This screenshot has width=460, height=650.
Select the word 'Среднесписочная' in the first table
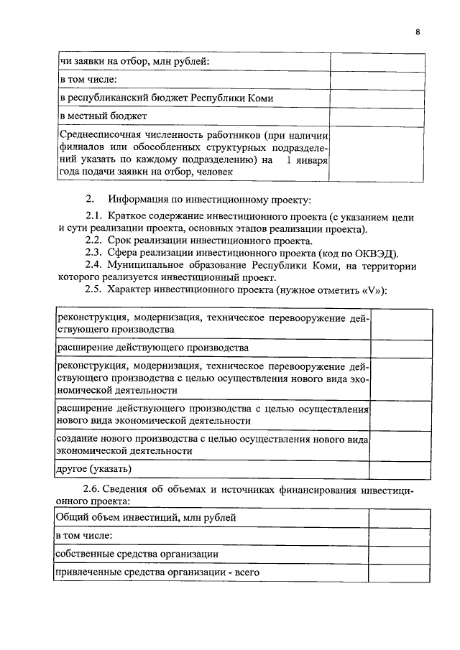98,135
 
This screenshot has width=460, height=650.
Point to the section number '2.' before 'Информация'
90,198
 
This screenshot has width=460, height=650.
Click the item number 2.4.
93,265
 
